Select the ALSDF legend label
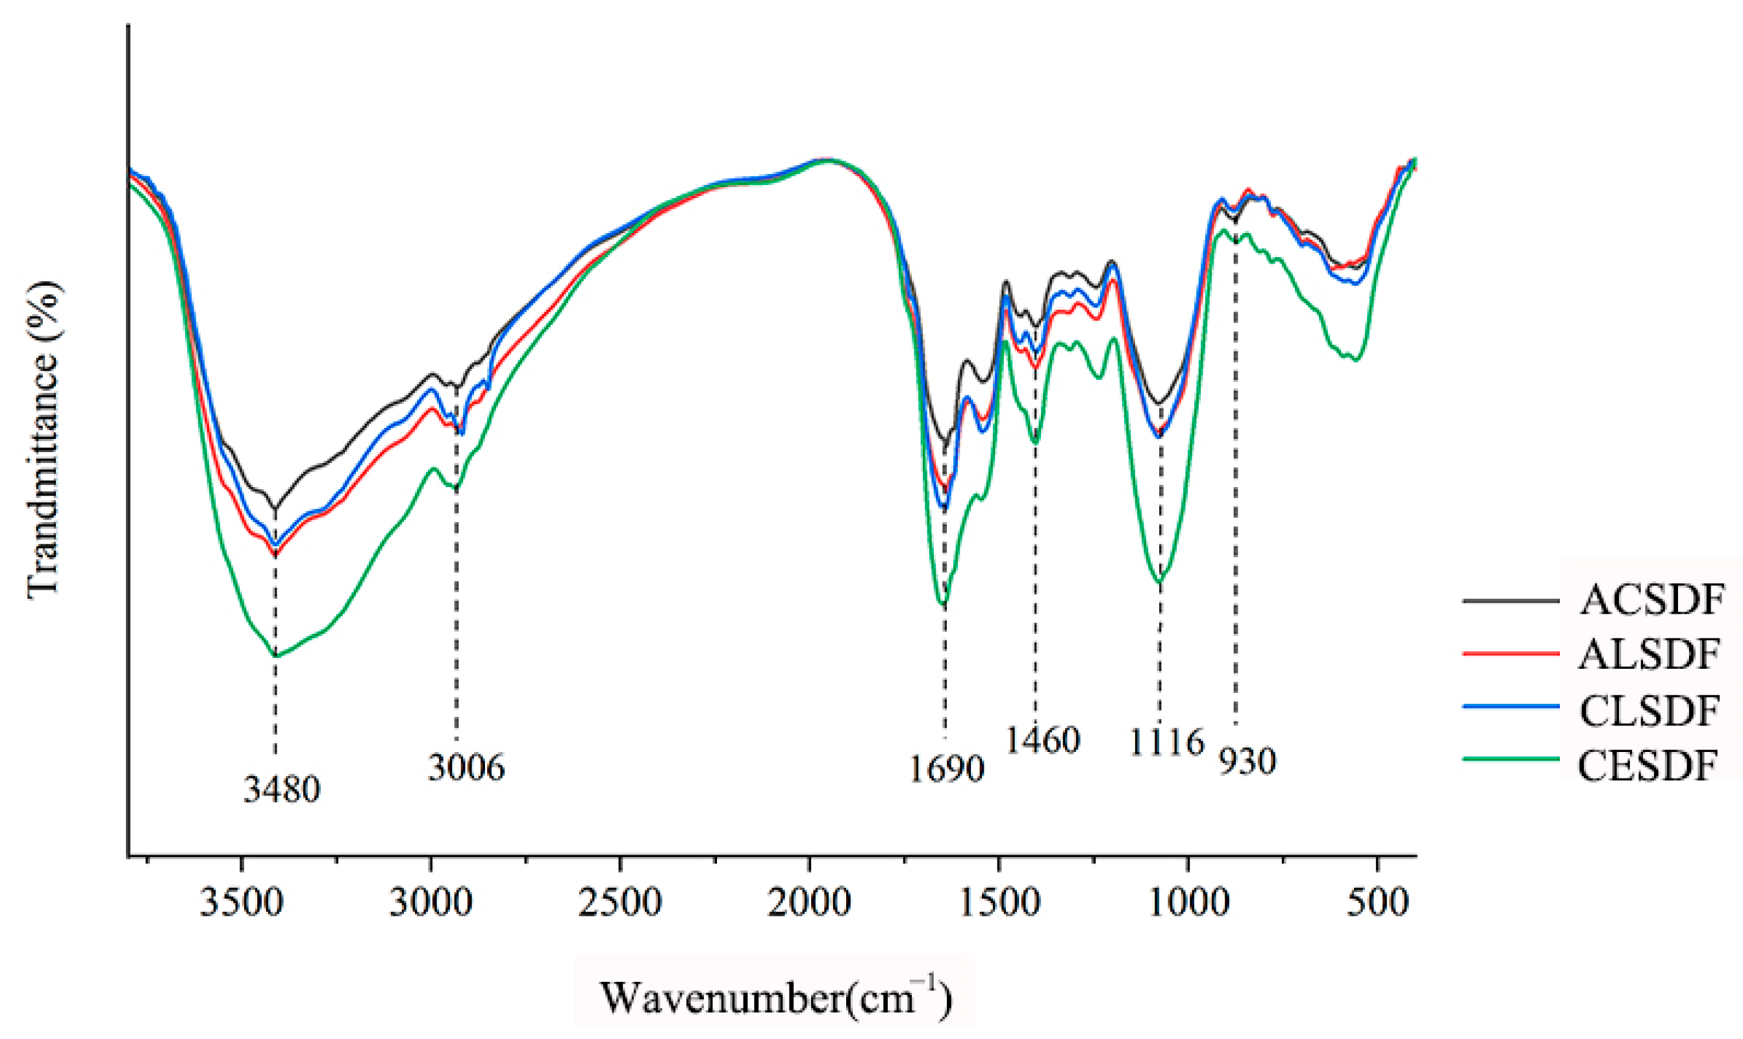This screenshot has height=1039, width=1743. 1649,654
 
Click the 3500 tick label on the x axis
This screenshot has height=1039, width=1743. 242,903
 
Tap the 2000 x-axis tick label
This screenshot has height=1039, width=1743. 809,903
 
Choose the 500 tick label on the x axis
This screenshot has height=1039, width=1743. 1377,903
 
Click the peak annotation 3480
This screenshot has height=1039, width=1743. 281,790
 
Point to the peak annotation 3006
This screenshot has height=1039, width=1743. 466,768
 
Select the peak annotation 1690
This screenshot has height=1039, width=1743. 946,770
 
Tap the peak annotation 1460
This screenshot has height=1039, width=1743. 1043,740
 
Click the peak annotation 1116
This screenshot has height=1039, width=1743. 1166,742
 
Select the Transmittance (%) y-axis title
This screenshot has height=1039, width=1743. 44,440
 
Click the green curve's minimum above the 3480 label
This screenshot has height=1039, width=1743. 275,656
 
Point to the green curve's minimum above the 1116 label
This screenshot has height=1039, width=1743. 1159,582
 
